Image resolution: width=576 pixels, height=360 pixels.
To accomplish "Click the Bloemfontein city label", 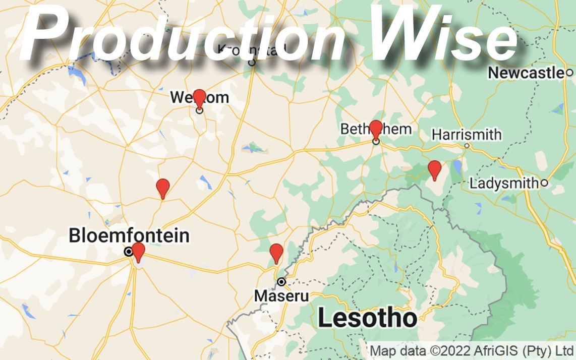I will pos(129,235).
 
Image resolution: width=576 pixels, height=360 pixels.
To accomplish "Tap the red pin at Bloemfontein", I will pos(138,251).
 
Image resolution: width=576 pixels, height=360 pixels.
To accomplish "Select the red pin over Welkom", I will pos(199,98).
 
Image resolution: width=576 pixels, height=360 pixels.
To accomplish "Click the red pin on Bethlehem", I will pos(376,128).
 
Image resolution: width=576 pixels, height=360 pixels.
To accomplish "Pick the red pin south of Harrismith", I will pos(434,169).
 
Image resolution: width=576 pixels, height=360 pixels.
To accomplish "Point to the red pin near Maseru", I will pos(276,252).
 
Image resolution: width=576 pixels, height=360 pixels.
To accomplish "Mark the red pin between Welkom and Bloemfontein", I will pos(162,187).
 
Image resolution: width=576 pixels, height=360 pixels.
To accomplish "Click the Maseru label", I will pos(281,295).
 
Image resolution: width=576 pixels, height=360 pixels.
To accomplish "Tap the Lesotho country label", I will pos(368,318).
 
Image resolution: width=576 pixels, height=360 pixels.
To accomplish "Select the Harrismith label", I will pos(467,135).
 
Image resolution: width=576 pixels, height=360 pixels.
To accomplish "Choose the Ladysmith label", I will pos(503,183).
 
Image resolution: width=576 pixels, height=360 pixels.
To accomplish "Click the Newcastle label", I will pos(525,73).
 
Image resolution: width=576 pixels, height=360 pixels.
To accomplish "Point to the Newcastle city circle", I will pos(569,73).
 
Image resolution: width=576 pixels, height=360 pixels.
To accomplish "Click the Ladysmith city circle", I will pos(544,183).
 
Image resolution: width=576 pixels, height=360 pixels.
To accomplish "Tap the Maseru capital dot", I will pos(281,281).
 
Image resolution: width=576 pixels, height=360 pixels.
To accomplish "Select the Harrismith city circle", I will pos(467,146).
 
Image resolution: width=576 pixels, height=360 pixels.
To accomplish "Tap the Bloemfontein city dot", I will pos(129,251).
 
